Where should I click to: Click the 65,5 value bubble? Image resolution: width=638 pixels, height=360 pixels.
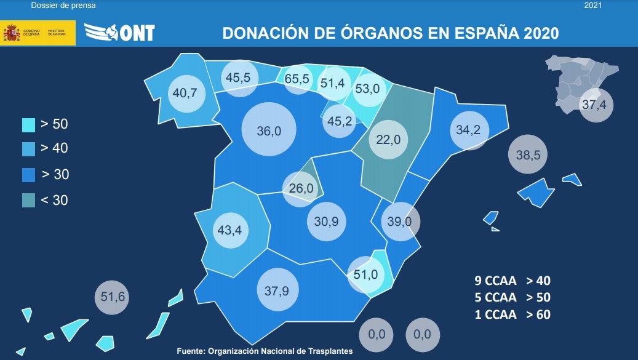click(x=297, y=79)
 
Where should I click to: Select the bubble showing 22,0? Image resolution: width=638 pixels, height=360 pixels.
click(x=388, y=139)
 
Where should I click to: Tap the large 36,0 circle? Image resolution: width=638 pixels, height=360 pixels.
click(x=269, y=130)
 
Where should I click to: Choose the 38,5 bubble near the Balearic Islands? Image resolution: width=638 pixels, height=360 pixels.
click(x=528, y=155)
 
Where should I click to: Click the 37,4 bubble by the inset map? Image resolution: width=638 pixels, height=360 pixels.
click(x=594, y=105)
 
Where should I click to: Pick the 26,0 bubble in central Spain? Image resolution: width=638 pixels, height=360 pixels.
click(x=301, y=188)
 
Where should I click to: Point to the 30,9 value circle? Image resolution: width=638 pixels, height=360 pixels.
click(x=326, y=220)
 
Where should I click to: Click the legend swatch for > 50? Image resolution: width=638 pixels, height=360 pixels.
click(x=28, y=124)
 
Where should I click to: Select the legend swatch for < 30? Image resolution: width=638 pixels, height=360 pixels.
click(x=28, y=200)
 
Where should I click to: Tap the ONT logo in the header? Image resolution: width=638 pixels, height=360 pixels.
click(x=119, y=32)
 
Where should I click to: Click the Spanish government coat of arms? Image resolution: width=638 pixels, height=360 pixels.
click(x=11, y=33)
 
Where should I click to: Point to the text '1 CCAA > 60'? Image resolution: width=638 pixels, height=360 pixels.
click(x=512, y=314)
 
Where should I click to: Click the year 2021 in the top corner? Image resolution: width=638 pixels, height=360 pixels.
click(x=592, y=6)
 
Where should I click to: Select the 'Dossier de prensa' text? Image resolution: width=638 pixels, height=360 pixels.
click(x=63, y=6)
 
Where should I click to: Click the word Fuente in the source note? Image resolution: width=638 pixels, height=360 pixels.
click(x=191, y=351)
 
